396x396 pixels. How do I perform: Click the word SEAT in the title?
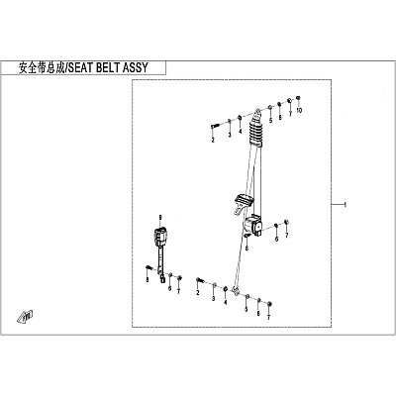tap(80, 68)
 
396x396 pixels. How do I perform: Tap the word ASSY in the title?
tap(136, 68)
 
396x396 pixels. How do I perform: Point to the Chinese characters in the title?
tap(42, 68)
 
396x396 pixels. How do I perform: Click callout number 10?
tap(299, 111)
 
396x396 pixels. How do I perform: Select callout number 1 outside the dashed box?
tap(346, 205)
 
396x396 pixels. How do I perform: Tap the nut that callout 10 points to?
tap(298, 98)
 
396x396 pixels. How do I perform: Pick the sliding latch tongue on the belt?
tap(244, 204)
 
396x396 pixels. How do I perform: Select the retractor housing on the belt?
tap(253, 225)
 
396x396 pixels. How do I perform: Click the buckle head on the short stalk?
tap(160, 237)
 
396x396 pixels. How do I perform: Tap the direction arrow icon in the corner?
tap(25, 316)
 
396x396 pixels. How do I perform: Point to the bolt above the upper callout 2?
tap(215, 126)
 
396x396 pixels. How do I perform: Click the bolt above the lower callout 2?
tap(200, 280)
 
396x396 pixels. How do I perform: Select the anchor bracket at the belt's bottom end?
tap(236, 291)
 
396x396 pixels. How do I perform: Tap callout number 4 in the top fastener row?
tap(241, 132)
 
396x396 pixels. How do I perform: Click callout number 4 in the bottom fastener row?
tap(226, 302)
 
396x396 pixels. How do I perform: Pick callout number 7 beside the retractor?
tap(287, 235)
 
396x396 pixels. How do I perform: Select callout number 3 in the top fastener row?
tap(230, 135)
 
